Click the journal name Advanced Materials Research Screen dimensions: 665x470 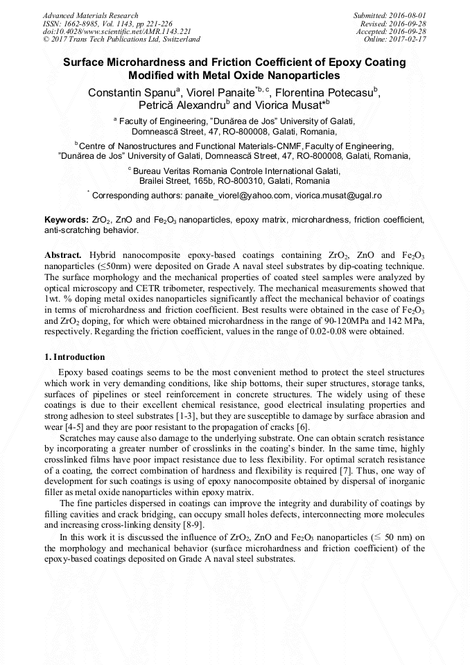[90, 15]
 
